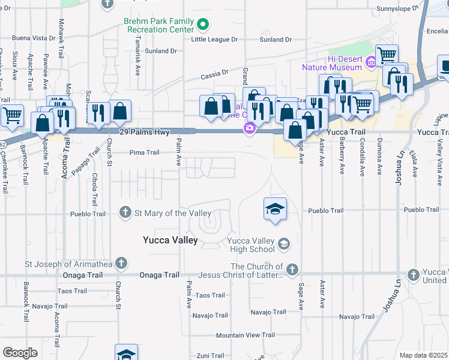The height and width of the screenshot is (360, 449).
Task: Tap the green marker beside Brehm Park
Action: pos(203,25)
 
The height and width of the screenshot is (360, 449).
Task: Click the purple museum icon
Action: pos(371,61)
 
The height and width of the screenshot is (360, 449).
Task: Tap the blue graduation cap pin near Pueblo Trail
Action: pos(275,210)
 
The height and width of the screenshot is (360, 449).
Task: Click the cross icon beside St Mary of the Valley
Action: pos(125,212)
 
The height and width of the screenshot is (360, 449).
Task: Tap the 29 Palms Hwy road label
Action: pos(145,131)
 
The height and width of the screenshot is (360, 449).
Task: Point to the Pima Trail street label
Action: pos(145,152)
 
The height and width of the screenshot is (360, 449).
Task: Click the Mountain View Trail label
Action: pos(245,335)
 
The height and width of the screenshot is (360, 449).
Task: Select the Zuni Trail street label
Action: pos(210,355)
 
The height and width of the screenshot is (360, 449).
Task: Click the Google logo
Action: pos(20,353)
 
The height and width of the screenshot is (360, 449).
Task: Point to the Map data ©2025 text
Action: pos(423,355)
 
